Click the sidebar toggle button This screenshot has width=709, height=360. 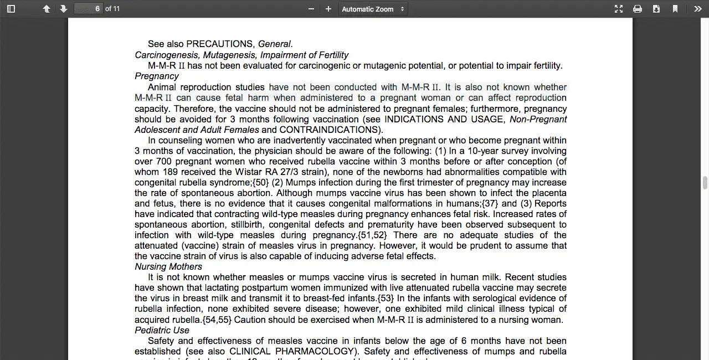click(x=11, y=9)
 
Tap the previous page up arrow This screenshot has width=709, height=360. click(x=47, y=9)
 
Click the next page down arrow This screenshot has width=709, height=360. click(x=64, y=9)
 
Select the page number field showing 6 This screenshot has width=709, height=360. click(x=89, y=9)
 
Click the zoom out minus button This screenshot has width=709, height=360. click(x=311, y=9)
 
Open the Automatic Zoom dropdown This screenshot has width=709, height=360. click(x=373, y=9)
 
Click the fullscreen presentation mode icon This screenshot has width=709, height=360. click(x=619, y=9)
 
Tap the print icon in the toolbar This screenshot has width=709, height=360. click(x=638, y=9)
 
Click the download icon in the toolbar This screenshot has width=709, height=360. click(x=656, y=9)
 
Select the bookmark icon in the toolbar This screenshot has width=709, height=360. click(x=675, y=9)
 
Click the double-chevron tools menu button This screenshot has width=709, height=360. click(x=697, y=9)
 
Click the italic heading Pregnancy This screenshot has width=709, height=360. click(x=157, y=76)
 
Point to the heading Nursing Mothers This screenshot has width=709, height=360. click(x=168, y=267)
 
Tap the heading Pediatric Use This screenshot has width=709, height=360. click(x=162, y=331)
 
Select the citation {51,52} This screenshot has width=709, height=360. click(x=372, y=235)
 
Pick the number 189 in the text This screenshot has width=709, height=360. click(x=170, y=172)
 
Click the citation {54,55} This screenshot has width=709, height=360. click(x=217, y=320)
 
